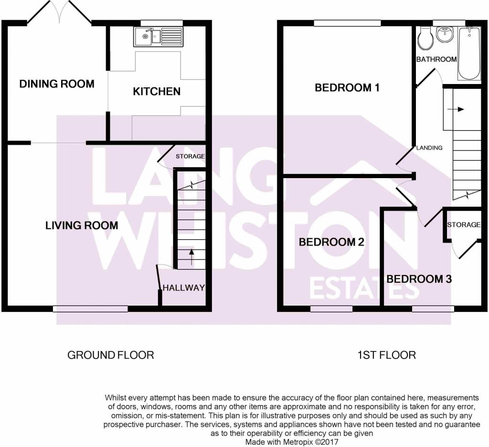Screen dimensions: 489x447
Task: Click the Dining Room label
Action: pyautogui.click(x=57, y=84)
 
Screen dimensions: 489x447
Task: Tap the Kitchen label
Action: pyautogui.click(x=157, y=91)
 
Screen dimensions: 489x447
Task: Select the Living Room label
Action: pyautogui.click(x=82, y=225)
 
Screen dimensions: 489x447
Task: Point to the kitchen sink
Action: pyautogui.click(x=159, y=36)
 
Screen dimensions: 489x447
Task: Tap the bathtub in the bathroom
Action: pyautogui.click(x=469, y=53)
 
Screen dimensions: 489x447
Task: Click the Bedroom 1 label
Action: pyautogui.click(x=347, y=88)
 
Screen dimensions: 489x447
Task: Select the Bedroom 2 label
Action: pyautogui.click(x=331, y=242)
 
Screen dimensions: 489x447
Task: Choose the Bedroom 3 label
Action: pyautogui.click(x=419, y=279)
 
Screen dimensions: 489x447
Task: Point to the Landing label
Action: pyautogui.click(x=429, y=148)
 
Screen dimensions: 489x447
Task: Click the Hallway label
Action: pyautogui.click(x=184, y=287)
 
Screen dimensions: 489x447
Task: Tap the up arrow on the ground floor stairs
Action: pyautogui.click(x=191, y=257)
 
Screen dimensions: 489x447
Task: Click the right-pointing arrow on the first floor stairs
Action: pyautogui.click(x=456, y=109)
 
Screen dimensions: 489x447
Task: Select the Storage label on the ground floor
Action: pyautogui.click(x=190, y=156)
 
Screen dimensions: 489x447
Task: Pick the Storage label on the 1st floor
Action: pyautogui.click(x=464, y=224)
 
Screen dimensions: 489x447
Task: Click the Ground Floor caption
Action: pyautogui.click(x=111, y=355)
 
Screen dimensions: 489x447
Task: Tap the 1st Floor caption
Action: pyautogui.click(x=387, y=355)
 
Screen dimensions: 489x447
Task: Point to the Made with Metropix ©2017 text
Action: pyautogui.click(x=292, y=442)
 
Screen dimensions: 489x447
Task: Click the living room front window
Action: pyautogui.click(x=90, y=309)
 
